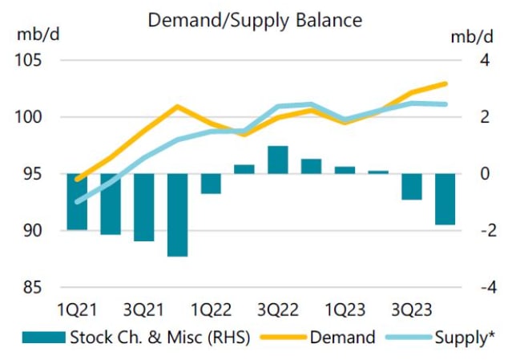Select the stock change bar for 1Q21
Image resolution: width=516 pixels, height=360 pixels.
pyautogui.click(x=78, y=201)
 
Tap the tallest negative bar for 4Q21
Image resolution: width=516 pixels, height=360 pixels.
pyautogui.click(x=177, y=215)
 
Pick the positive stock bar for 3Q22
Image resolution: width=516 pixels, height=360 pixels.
pyautogui.click(x=278, y=160)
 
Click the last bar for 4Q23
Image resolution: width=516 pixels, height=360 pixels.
pyautogui.click(x=445, y=199)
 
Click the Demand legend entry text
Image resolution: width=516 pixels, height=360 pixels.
pyautogui.click(x=342, y=337)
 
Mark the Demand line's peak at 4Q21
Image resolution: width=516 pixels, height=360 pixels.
pyautogui.click(x=178, y=106)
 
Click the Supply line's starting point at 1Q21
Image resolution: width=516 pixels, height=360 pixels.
pyautogui.click(x=78, y=202)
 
